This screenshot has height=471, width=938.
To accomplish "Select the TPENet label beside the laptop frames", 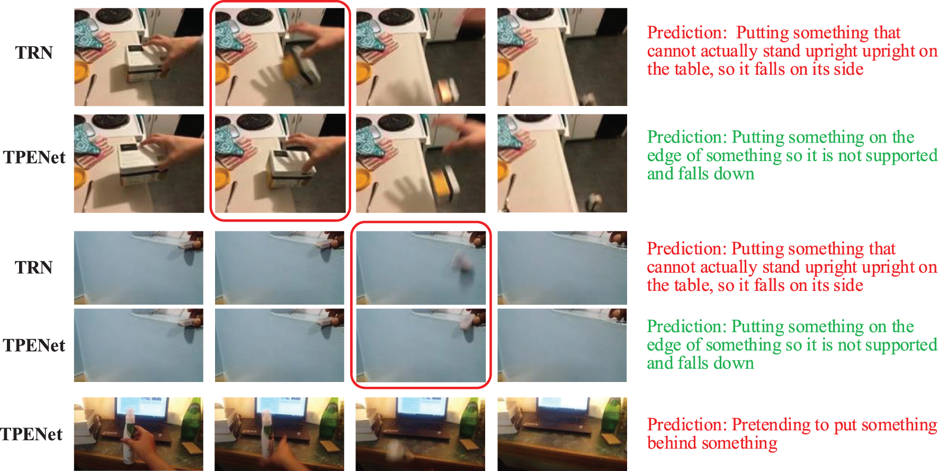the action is pos(31,434).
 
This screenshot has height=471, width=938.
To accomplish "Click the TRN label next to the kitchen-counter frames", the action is pos(34,52).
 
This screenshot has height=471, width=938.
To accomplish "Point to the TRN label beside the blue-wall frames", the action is pos(34,267).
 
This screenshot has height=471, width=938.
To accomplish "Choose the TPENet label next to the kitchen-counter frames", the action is pos(34,157).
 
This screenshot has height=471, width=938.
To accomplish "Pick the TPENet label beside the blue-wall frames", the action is pos(34,345).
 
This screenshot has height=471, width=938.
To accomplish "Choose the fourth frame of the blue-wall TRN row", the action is pos(562,268).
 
